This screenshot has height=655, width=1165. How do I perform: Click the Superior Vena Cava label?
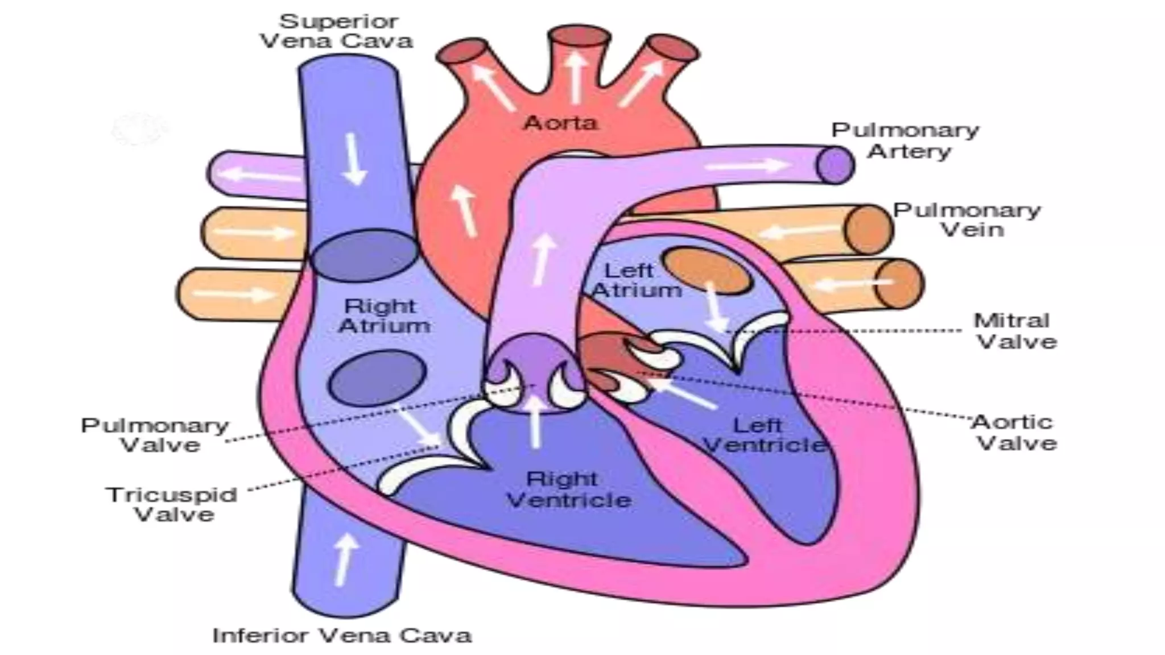pos(337,31)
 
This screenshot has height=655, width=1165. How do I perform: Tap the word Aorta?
pos(560,122)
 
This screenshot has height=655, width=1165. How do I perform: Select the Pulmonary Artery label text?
pos(906,140)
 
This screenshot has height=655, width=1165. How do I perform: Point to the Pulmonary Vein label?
pos(967,220)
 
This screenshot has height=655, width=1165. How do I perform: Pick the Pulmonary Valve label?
pos(155,435)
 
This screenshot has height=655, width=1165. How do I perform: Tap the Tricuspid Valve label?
pos(171,504)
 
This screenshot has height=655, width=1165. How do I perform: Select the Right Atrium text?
pos(383,316)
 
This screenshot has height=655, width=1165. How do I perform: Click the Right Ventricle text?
pos(568,490)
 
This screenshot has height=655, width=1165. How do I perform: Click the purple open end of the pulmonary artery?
pos(835,165)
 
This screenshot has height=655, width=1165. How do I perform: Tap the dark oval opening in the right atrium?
pos(377,378)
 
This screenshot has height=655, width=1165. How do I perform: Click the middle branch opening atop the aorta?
pos(579,36)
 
